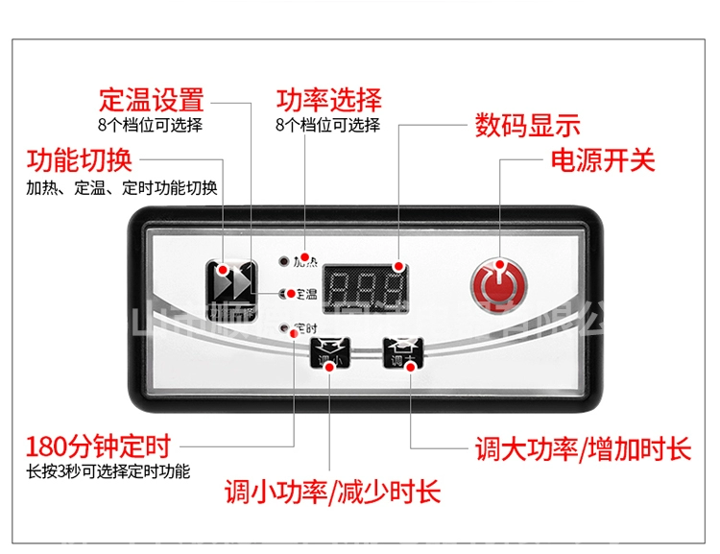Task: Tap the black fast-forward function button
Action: click(x=233, y=282)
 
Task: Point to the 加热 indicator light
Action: click(x=283, y=260)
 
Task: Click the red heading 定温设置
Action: click(x=152, y=99)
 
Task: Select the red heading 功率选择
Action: click(x=329, y=99)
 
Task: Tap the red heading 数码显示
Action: click(x=528, y=125)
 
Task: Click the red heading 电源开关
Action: click(x=603, y=159)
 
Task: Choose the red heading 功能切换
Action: click(x=79, y=159)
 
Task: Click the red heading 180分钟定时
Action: click(x=99, y=446)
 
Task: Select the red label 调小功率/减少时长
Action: click(x=332, y=494)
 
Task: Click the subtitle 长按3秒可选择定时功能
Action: click(x=108, y=472)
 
